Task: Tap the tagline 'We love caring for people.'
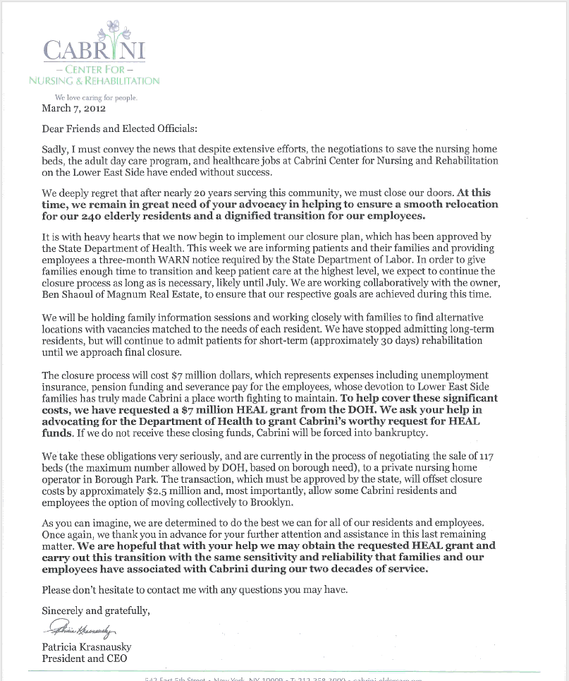[x=96, y=97]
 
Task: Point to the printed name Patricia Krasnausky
[x=87, y=647]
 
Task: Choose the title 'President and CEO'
[x=85, y=658]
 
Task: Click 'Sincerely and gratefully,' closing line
[x=95, y=610]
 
